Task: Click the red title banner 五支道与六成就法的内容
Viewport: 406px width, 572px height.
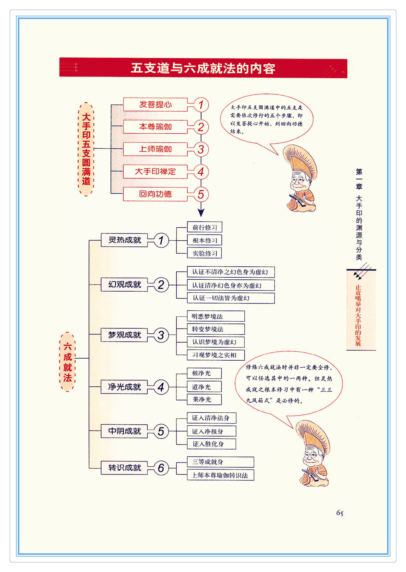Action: click(203, 67)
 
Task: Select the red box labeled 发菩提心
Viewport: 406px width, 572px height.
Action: click(155, 104)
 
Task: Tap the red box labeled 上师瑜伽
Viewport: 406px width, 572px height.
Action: click(155, 149)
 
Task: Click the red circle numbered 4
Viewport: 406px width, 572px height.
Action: click(201, 172)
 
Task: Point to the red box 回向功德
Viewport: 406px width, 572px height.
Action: click(155, 194)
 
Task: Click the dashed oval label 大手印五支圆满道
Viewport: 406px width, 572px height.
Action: click(86, 149)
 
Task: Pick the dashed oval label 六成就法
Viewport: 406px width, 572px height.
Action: click(67, 362)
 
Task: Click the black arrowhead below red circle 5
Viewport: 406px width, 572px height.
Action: click(201, 212)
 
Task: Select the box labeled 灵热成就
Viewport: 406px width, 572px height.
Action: click(124, 240)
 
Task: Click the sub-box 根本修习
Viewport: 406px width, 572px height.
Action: click(204, 240)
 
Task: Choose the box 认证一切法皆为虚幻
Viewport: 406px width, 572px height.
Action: click(231, 298)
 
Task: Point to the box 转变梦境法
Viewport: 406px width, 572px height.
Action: click(216, 329)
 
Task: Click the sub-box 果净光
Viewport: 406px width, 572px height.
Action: click(204, 399)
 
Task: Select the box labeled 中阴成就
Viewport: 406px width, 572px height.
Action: click(124, 431)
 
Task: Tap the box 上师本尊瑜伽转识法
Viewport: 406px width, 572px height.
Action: click(220, 475)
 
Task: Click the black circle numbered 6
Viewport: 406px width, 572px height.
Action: click(161, 468)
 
